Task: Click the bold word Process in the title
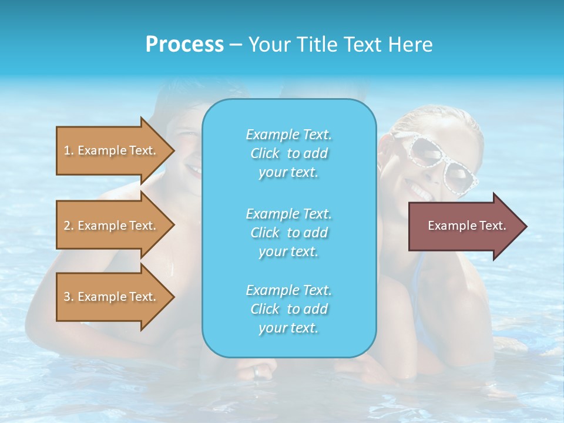pos(184,45)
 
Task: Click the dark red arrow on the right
pos(464,226)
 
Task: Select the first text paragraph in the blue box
pos(288,153)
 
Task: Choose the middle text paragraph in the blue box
pos(288,233)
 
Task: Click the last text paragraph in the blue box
pos(288,309)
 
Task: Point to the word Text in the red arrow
pos(492,226)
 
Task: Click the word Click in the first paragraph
pos(265,153)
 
